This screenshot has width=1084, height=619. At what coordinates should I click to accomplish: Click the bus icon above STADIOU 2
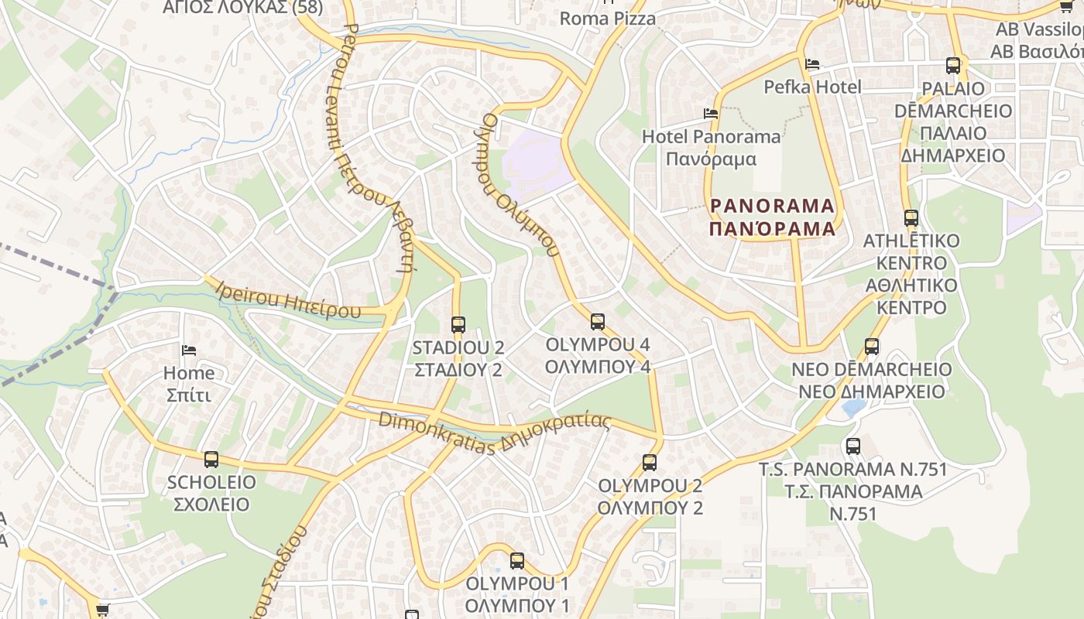pyautogui.click(x=458, y=324)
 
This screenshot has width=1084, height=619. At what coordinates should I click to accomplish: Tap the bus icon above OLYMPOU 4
pyautogui.click(x=597, y=321)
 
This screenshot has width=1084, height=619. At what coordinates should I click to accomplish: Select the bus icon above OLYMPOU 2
pyautogui.click(x=650, y=463)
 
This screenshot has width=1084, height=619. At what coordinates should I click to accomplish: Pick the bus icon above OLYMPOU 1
pyautogui.click(x=517, y=561)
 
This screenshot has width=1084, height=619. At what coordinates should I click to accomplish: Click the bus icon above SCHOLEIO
pyautogui.click(x=211, y=460)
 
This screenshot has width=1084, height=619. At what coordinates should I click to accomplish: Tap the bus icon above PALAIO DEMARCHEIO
pyautogui.click(x=953, y=66)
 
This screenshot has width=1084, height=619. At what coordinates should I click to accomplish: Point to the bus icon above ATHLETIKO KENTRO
pyautogui.click(x=911, y=218)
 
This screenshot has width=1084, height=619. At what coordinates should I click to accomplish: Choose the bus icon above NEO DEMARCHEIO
pyautogui.click(x=872, y=346)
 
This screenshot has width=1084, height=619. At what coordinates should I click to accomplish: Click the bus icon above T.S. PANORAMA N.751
pyautogui.click(x=853, y=446)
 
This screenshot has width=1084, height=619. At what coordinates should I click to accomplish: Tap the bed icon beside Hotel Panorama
pyautogui.click(x=711, y=114)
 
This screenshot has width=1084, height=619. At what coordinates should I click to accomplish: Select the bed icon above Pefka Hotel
pyautogui.click(x=812, y=63)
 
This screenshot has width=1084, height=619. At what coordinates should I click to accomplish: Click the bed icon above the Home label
pyautogui.click(x=189, y=351)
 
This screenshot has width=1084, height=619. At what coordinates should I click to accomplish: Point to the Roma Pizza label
pyautogui.click(x=607, y=18)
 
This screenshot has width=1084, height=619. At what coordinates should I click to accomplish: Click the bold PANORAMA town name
pyautogui.click(x=772, y=206)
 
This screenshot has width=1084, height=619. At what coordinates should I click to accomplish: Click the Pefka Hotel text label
pyautogui.click(x=812, y=87)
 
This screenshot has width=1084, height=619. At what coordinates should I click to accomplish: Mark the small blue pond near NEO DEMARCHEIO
pyautogui.click(x=853, y=407)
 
